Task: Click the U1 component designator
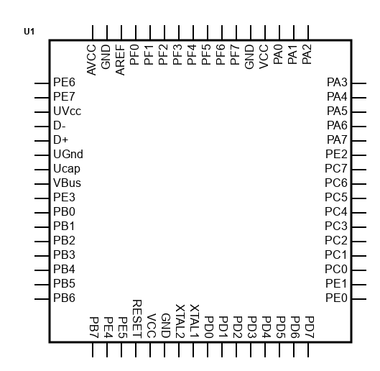(29, 32)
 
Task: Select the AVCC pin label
(92, 60)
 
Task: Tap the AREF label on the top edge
(120, 60)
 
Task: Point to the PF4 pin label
(192, 55)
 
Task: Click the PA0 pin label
(278, 55)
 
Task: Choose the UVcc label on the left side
(67, 111)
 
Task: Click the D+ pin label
(61, 140)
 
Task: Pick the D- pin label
(60, 126)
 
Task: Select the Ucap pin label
(67, 169)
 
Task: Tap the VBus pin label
(67, 183)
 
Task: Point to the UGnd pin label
(68, 155)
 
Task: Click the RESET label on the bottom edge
(137, 319)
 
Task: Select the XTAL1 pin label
(195, 321)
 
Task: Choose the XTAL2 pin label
(180, 321)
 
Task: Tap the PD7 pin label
(310, 327)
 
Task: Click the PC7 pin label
(336, 169)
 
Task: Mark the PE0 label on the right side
(337, 298)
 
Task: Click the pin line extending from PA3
(359, 83)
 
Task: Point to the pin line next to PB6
(42, 299)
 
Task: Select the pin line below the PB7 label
(93, 349)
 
